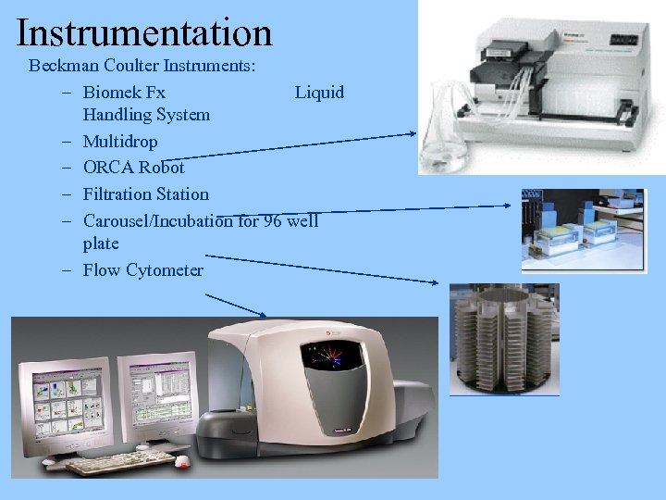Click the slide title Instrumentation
point(144,32)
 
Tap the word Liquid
point(319,92)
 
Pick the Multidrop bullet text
point(120,142)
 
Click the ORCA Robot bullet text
point(133,168)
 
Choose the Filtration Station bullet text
point(145,194)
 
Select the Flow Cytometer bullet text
point(142,270)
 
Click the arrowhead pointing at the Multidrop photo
point(413,134)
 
